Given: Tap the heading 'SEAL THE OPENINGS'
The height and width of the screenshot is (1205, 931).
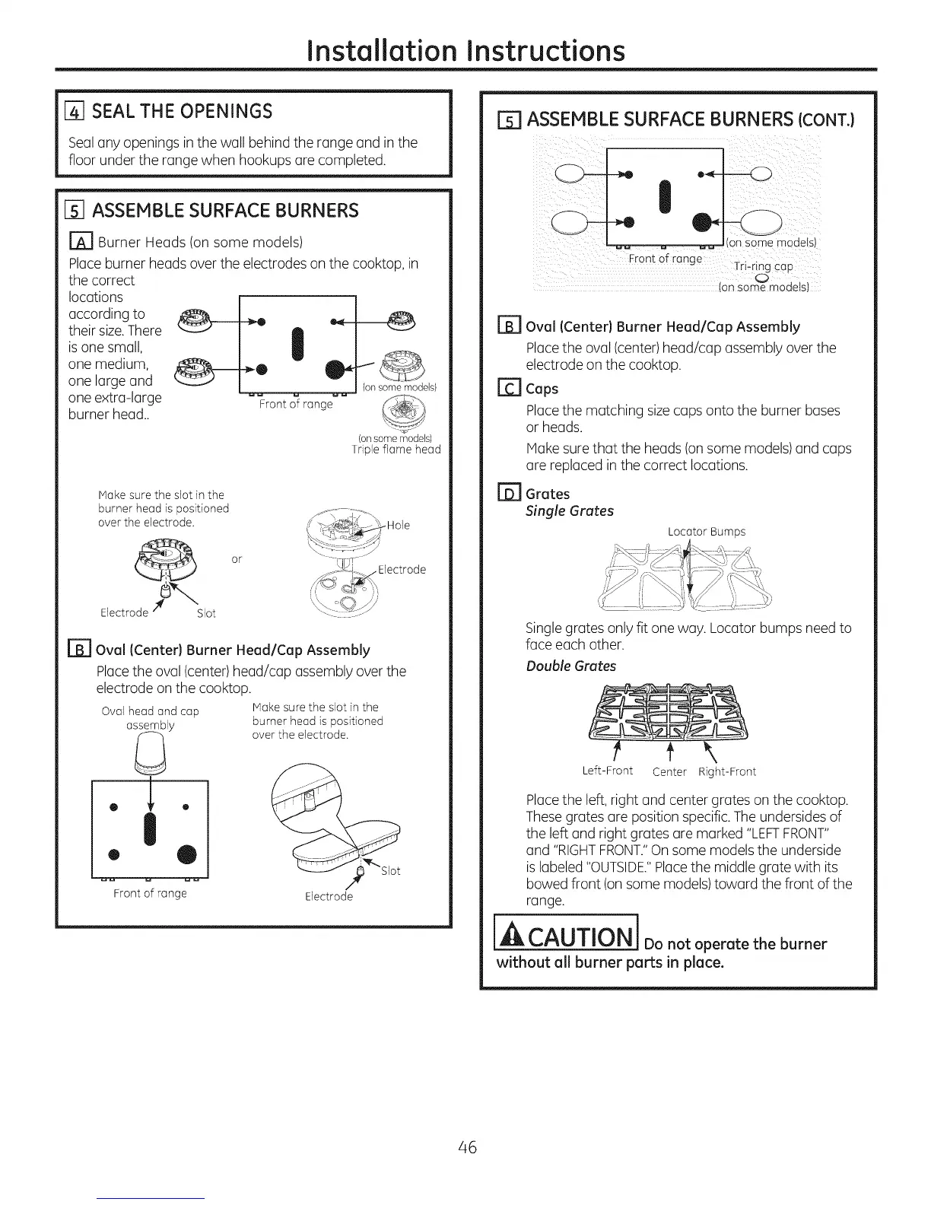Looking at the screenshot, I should (182, 111).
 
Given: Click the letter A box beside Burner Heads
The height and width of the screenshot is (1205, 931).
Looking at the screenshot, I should (81, 243).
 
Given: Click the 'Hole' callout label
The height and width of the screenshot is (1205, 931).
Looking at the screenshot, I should (399, 525).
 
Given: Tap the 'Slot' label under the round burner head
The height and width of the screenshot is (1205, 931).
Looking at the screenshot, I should (206, 613).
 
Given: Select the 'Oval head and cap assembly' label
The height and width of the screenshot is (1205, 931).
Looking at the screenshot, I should (150, 718).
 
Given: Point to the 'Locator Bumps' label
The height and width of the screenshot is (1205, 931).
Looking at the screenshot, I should (706, 532).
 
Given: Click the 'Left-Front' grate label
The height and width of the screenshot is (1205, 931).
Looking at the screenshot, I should (607, 771).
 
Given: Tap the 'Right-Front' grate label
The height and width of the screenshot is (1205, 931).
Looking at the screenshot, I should (727, 771).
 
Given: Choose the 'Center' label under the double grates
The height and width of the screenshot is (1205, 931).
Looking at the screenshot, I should (669, 772).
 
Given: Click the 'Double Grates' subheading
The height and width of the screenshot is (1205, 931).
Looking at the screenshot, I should (570, 666).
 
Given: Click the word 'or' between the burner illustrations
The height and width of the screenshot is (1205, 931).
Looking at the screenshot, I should (237, 559).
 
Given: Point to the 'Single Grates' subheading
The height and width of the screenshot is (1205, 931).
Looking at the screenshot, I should (569, 511).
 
